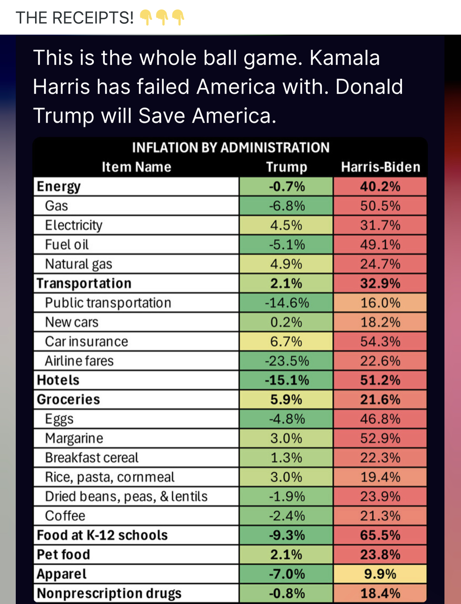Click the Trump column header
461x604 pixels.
(286, 167)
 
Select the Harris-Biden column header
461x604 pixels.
(380, 167)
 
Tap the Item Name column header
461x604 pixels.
(136, 167)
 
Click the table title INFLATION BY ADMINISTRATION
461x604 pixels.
(230, 147)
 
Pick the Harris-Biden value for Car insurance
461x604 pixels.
(380, 341)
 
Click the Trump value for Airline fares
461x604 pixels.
(286, 361)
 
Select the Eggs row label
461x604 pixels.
(59, 419)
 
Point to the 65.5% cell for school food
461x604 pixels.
(380, 535)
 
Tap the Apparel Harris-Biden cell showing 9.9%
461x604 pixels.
(380, 574)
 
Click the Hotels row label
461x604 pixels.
(58, 380)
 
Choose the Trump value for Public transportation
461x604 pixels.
(286, 303)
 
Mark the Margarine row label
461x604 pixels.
(74, 438)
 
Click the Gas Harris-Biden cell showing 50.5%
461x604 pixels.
(380, 206)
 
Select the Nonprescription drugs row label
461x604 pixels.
(109, 593)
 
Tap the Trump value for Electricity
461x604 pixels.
(286, 225)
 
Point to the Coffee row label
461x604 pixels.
(65, 516)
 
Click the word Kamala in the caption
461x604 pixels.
(344, 58)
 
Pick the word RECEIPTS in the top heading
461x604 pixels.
(92, 18)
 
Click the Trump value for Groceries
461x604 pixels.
(286, 399)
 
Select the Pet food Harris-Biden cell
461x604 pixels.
(380, 554)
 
